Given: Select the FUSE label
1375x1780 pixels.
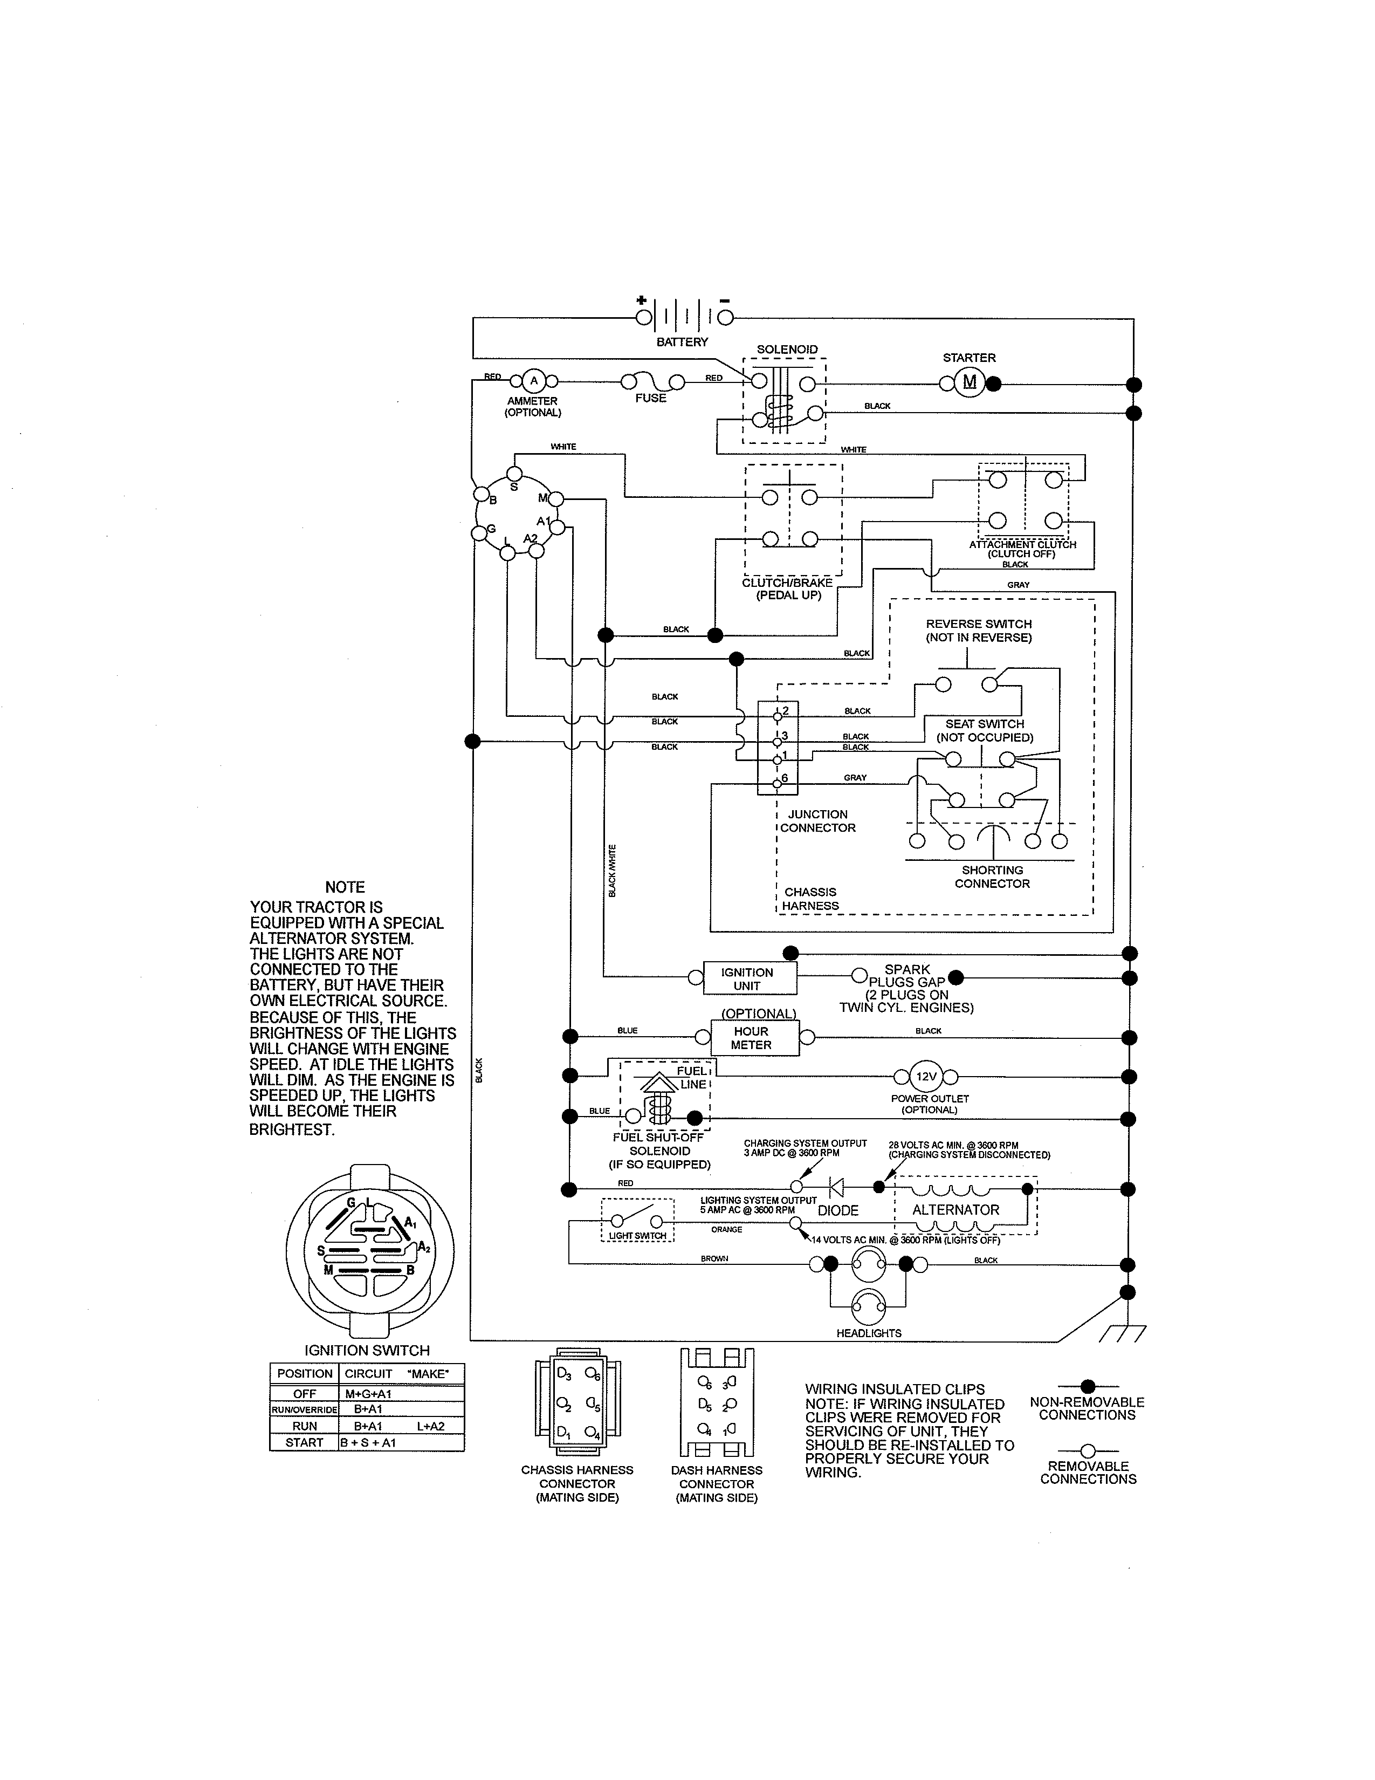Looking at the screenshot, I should pyautogui.click(x=651, y=398).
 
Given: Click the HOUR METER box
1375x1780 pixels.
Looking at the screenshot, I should pyautogui.click(x=751, y=1037).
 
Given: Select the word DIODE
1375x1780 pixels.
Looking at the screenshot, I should pyautogui.click(x=838, y=1211).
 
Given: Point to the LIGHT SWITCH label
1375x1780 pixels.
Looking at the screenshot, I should pyautogui.click(x=637, y=1236).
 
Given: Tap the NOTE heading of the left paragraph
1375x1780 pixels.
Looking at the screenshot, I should pyautogui.click(x=345, y=887).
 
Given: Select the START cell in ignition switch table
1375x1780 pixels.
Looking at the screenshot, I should pyautogui.click(x=304, y=1442).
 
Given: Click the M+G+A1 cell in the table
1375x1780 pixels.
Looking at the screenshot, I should pyautogui.click(x=368, y=1394).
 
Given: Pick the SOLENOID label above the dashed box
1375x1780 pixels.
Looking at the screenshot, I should pyautogui.click(x=787, y=350).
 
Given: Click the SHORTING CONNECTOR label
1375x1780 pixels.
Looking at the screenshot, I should pyautogui.click(x=992, y=877).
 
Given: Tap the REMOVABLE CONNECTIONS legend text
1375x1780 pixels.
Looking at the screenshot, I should pyautogui.click(x=1088, y=1472).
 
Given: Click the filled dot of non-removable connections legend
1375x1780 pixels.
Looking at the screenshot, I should pyautogui.click(x=1088, y=1386).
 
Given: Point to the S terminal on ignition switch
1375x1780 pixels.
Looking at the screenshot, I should pyautogui.click(x=514, y=474).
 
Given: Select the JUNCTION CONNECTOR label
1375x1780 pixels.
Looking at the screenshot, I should pyautogui.click(x=818, y=821).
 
